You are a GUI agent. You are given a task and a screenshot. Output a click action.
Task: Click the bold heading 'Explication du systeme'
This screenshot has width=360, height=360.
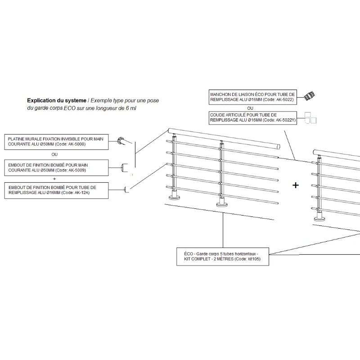(56, 100)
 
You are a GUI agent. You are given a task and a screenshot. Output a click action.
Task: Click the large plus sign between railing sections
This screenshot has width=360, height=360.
(296, 185)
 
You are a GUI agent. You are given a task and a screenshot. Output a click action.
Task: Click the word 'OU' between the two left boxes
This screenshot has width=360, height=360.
(55, 154)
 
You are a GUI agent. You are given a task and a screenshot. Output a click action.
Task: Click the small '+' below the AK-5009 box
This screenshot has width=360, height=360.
(55, 178)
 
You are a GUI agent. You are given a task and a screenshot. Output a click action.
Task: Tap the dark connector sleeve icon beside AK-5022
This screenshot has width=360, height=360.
(308, 95)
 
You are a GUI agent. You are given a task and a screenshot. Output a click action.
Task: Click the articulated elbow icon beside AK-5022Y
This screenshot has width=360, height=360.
(310, 118)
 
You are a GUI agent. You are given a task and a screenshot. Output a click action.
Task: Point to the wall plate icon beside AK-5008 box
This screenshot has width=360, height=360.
(121, 141)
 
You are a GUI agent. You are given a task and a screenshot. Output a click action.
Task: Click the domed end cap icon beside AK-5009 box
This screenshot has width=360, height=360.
(125, 167)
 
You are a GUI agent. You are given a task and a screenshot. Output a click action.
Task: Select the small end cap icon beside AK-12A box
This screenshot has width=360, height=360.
(127, 190)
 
